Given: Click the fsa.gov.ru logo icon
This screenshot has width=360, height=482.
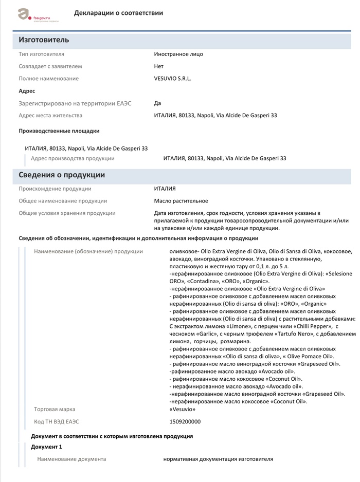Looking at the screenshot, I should point(24,14).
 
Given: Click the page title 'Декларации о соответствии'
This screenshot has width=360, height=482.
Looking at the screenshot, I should point(118,13).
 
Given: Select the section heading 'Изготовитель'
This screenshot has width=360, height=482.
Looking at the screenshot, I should point(44,40).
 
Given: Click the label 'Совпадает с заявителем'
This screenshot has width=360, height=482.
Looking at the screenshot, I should point(50,66).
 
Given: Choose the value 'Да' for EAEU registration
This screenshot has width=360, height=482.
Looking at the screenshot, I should point(157,103).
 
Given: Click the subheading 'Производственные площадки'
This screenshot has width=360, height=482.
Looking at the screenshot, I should point(59,131).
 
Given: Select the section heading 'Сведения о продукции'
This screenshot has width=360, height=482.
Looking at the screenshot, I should point(62,175).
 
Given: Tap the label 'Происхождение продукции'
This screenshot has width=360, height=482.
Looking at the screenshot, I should point(55,189).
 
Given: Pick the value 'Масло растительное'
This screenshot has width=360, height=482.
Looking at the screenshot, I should point(181,201).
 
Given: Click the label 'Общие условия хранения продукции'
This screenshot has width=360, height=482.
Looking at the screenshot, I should point(67,213).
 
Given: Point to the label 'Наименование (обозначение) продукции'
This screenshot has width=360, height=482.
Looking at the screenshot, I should point(88,251).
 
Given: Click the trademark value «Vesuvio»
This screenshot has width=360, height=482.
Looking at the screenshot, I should point(182,409).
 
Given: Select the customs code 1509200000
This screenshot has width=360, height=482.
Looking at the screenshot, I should point(185,422).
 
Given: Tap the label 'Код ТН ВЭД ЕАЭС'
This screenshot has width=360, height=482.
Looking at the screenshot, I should point(57,422).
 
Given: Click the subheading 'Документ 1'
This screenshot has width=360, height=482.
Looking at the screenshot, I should point(46,447).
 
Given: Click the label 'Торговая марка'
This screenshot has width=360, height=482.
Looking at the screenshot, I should point(55,409).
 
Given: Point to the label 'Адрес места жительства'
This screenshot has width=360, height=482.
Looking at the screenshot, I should point(50,116).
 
